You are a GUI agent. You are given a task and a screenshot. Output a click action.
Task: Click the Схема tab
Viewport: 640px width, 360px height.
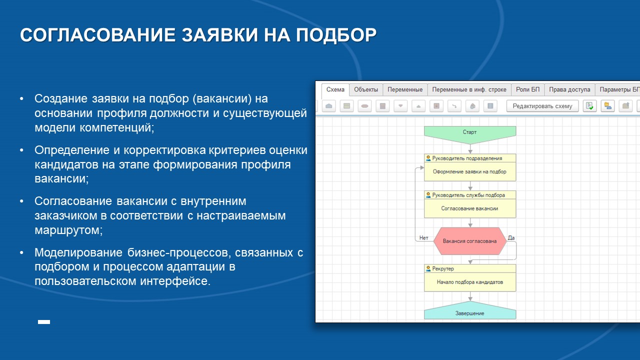[335, 90]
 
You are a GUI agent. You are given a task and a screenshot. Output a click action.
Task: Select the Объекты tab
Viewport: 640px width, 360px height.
[365, 90]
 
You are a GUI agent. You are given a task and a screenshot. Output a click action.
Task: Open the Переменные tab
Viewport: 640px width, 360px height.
[405, 90]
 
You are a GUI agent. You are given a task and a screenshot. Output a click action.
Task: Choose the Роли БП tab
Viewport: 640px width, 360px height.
[527, 90]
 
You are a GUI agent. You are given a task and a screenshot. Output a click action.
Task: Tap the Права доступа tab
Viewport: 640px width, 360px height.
[569, 90]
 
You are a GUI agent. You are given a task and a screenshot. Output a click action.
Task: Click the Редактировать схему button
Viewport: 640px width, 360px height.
[542, 106]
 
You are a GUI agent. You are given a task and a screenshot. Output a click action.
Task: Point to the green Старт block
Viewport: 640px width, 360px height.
[470, 132]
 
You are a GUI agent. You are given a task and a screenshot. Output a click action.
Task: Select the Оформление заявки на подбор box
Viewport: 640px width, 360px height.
[470, 171]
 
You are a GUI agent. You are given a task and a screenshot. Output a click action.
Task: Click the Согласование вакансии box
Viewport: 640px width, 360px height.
[470, 208]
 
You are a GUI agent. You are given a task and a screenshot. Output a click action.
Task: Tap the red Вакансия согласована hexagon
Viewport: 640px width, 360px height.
[470, 241]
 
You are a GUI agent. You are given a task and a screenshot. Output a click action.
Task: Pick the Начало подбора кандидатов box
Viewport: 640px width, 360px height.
[470, 282]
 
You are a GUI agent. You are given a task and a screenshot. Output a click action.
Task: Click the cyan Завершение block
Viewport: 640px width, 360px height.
[470, 313]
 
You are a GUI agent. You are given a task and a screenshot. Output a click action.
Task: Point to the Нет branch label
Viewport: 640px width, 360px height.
[424, 238]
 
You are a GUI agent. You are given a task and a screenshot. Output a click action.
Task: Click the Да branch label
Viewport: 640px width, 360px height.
[511, 238]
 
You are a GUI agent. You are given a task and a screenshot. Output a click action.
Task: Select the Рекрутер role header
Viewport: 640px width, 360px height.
[443, 269]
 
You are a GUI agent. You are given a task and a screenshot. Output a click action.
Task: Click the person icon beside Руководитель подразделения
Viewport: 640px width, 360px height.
[428, 158]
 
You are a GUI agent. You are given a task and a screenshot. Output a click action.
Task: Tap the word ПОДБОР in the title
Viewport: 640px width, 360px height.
[336, 35]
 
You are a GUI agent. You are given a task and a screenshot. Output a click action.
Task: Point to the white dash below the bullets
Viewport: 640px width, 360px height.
[44, 322]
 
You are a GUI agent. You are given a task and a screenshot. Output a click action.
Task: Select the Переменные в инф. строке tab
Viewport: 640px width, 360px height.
[469, 90]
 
